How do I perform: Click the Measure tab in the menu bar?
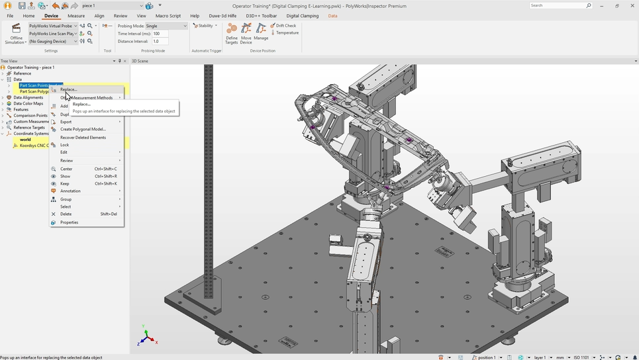pyautogui.click(x=76, y=16)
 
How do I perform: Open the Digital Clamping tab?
pyautogui.click(x=302, y=16)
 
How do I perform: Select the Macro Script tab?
pyautogui.click(x=168, y=16)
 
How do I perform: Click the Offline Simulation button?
pyautogui.click(x=16, y=34)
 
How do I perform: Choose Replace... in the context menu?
pyautogui.click(x=69, y=89)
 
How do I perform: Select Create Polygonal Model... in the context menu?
pyautogui.click(x=83, y=129)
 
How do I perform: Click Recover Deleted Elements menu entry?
pyautogui.click(x=83, y=138)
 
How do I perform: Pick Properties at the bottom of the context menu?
pyautogui.click(x=69, y=222)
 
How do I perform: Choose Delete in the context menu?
pyautogui.click(x=66, y=214)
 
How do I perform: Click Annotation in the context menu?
pyautogui.click(x=70, y=191)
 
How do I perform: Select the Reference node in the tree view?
pyautogui.click(x=23, y=73)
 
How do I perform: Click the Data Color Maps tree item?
pyautogui.click(x=28, y=103)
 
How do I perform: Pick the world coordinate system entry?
pyautogui.click(x=25, y=140)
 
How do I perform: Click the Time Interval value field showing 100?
pyautogui.click(x=160, y=34)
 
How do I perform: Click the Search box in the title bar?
pyautogui.click(x=558, y=5)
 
